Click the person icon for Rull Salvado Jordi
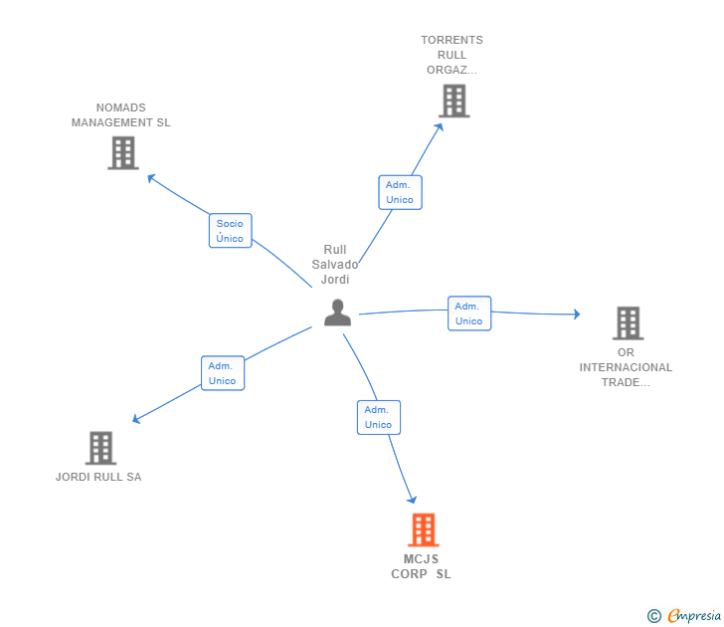338,313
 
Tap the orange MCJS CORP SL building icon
423,530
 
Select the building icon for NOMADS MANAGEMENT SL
122,153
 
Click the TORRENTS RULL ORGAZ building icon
453,101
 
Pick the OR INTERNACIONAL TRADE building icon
628,323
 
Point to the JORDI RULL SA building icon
100,448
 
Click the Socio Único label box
230,231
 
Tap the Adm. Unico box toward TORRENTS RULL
400,192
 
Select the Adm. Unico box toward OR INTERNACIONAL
468,313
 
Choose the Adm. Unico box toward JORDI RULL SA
222,373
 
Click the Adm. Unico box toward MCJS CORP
378,417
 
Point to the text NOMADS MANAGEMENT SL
121,115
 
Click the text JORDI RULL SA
98,477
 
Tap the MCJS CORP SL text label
421,566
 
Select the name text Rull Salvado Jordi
335,265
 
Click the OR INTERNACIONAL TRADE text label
626,367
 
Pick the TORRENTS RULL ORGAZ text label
452,55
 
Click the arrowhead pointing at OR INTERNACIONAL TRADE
576,314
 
